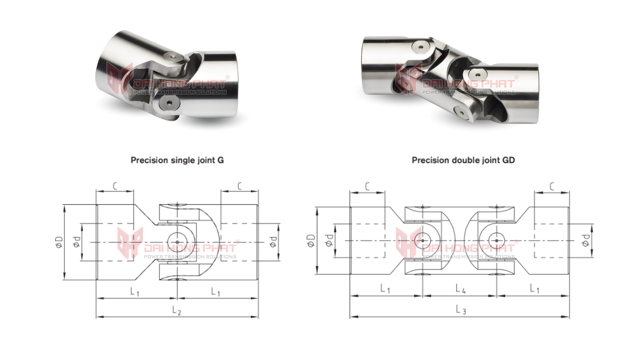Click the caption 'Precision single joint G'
(177, 160)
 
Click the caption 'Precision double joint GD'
(463, 160)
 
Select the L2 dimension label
(177, 311)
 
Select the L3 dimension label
(461, 310)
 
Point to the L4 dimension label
(460, 289)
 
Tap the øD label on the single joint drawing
(59, 242)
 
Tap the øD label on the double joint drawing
(311, 240)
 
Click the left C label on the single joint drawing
(115, 186)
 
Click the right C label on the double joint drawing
(552, 186)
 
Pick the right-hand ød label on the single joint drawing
(273, 242)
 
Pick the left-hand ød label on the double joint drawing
(329, 240)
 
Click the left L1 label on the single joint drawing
(134, 292)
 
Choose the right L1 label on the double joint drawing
(534, 289)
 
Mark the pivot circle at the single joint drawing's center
(177, 242)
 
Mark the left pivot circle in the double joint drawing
(423, 240)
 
